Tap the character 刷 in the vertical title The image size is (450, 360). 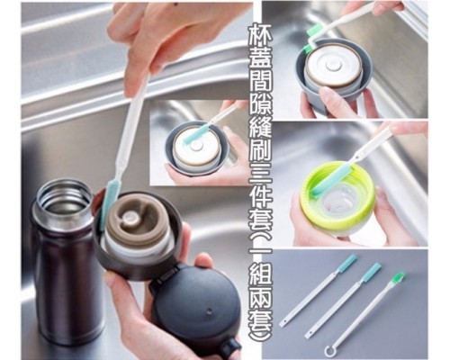[x=261, y=149]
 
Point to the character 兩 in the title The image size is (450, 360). [x=261, y=302]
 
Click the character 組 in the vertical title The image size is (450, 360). [x=261, y=280]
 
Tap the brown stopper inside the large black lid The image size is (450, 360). [x=136, y=219]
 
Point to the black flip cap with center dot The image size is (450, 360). [x=196, y=306]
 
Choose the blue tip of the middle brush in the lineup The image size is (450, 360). [x=372, y=272]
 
